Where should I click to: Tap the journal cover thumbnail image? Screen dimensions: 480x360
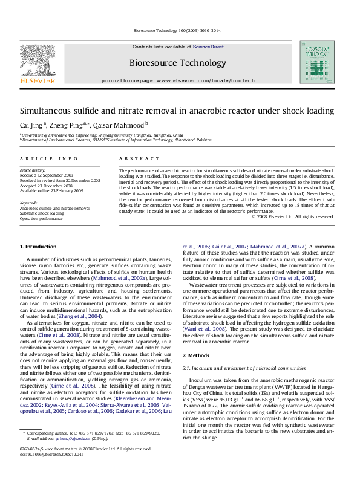(x=321, y=62)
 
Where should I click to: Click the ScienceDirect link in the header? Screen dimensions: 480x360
(x=208, y=47)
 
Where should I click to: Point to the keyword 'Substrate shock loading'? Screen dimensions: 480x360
(x=42, y=213)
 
